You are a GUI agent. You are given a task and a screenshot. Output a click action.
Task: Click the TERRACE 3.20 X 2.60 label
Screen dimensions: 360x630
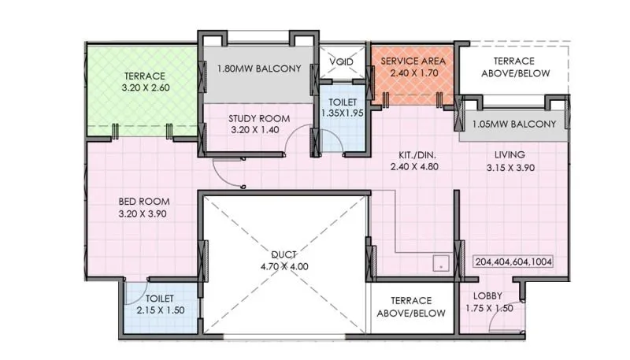pyautogui.click(x=144, y=83)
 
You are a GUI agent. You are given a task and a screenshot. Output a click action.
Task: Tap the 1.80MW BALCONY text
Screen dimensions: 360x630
pyautogui.click(x=259, y=69)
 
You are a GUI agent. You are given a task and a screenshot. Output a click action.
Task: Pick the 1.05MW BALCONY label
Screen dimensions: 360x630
pyautogui.click(x=513, y=124)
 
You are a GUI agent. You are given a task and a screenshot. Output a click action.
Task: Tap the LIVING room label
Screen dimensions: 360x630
pyautogui.click(x=510, y=154)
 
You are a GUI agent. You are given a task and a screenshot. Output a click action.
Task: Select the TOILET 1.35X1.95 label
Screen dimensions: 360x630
pyautogui.click(x=340, y=108)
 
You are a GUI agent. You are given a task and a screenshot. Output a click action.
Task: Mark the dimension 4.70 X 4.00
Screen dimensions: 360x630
pyautogui.click(x=285, y=266)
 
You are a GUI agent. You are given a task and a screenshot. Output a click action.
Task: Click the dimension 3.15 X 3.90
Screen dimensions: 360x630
pyautogui.click(x=510, y=167)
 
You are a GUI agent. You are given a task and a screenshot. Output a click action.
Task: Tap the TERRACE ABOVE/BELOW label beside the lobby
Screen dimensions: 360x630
pyautogui.click(x=411, y=306)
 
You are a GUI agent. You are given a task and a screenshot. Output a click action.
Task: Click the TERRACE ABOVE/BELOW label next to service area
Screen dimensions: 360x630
pyautogui.click(x=513, y=67)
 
